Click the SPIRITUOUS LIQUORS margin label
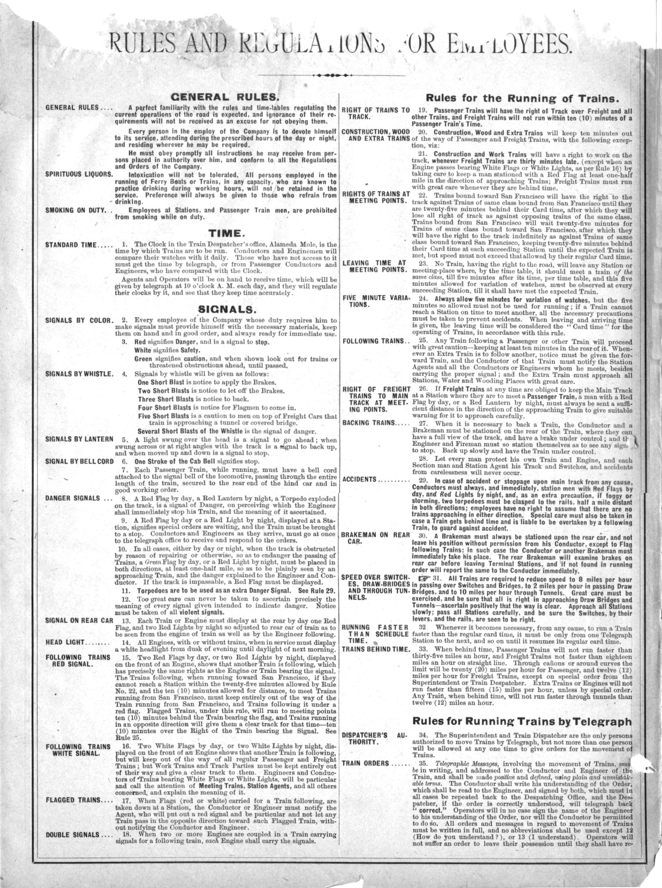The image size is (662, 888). pos(79,174)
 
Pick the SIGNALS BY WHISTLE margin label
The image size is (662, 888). pos(79,373)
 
